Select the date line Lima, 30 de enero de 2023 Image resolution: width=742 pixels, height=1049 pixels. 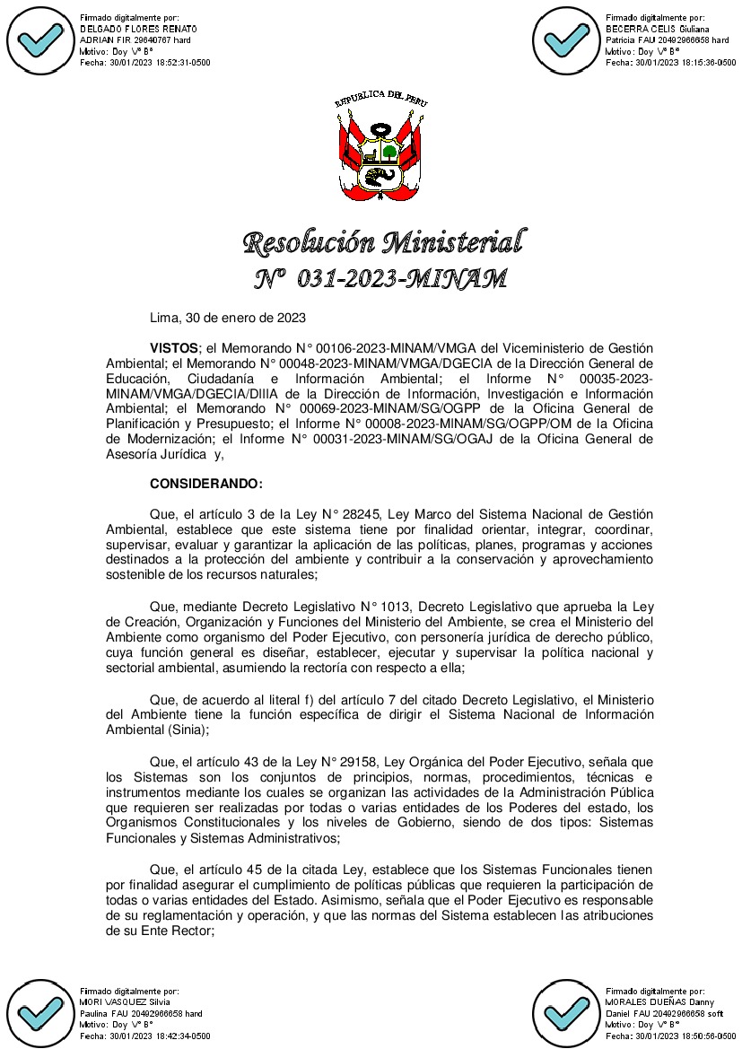coord(228,318)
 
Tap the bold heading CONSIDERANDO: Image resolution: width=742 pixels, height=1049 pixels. coord(206,484)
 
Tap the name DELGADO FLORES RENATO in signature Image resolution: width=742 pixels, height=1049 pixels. coord(138,29)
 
